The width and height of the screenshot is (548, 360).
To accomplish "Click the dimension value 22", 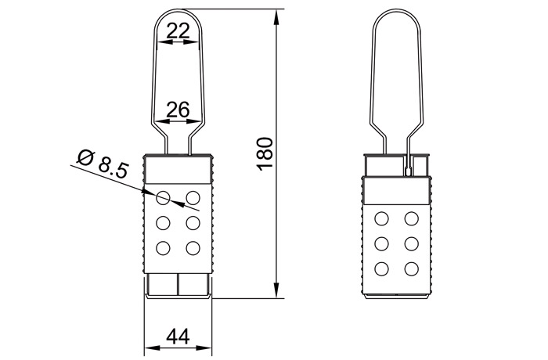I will tap(178, 31).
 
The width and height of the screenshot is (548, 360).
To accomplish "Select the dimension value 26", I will tap(178, 110).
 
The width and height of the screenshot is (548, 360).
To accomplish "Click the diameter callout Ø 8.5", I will tap(103, 164).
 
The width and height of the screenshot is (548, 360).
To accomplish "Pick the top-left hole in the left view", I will tap(164, 196).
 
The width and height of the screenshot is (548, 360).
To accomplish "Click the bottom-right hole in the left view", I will tap(193, 248).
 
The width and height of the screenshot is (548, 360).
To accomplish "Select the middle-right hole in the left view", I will tap(193, 222).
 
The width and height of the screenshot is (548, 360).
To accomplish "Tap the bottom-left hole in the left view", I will tap(164, 248).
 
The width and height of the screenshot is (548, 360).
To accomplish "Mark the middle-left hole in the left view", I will tap(164, 222).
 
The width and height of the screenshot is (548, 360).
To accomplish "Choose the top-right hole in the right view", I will tap(410, 218).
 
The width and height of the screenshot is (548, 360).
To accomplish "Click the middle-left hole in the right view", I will tap(382, 243).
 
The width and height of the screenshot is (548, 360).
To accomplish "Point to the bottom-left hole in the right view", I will tap(382, 269).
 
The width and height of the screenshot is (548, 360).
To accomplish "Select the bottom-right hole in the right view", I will tap(410, 269).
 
